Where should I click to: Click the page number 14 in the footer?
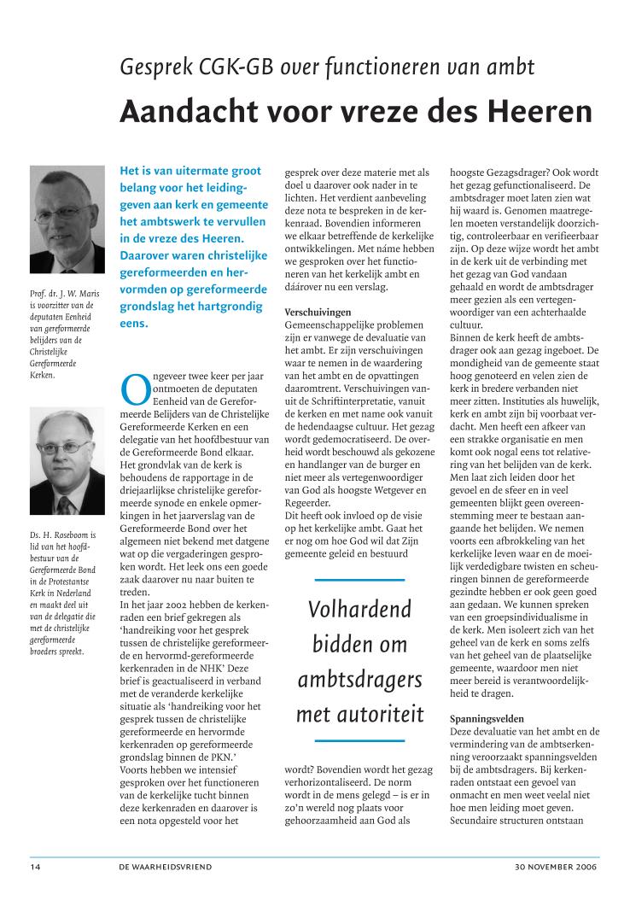click(x=35, y=866)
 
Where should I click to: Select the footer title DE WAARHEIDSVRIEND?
click(x=166, y=866)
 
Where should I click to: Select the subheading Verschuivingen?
click(x=316, y=312)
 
